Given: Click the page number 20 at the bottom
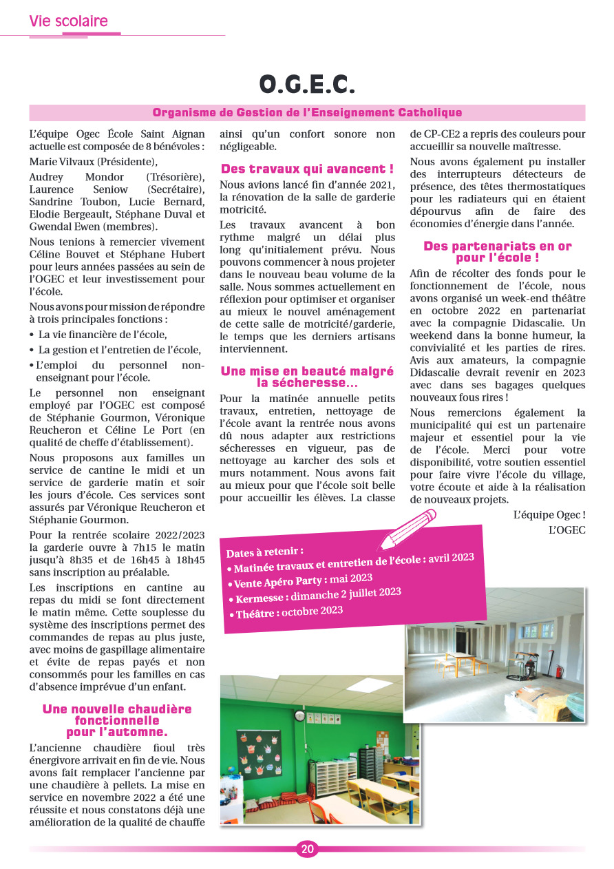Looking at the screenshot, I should pyautogui.click(x=307, y=849).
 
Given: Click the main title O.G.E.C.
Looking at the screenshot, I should pyautogui.click(x=307, y=84).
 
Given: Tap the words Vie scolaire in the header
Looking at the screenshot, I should pyautogui.click(x=68, y=21).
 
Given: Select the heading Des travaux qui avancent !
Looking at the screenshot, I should pyautogui.click(x=307, y=169).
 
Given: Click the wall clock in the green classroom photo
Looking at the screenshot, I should pyautogui.click(x=299, y=716).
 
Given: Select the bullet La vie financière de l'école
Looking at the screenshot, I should pyautogui.click(x=103, y=335).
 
